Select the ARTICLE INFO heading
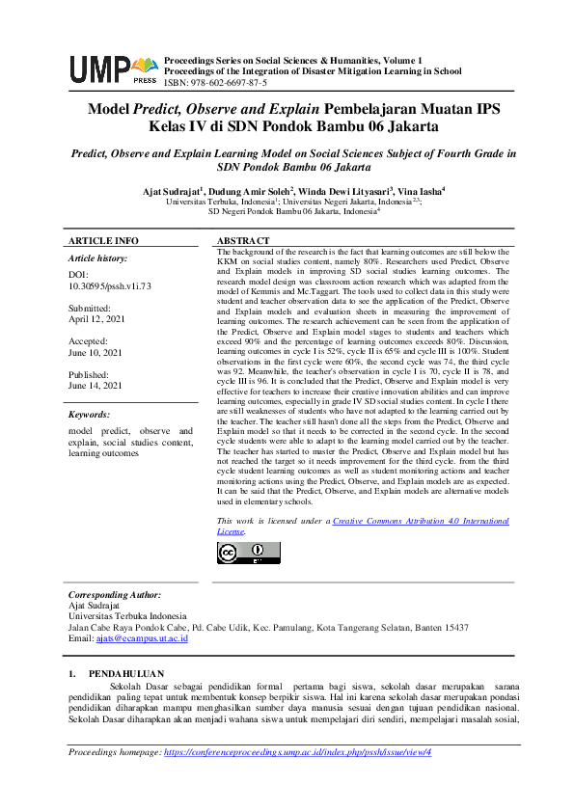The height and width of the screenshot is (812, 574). (103, 240)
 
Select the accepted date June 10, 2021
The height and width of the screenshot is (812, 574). (95, 354)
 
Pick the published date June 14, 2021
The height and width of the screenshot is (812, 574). (95, 386)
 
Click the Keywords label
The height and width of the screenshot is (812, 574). (91, 415)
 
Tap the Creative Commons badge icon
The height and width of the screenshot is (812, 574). (240, 552)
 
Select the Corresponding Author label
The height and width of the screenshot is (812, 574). (114, 595)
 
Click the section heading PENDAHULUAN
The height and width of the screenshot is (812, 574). (125, 673)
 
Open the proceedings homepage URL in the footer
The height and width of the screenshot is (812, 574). (297, 751)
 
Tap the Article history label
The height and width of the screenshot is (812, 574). (97, 259)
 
